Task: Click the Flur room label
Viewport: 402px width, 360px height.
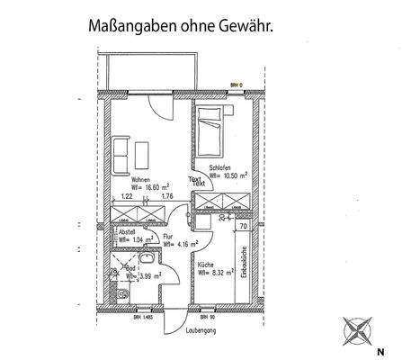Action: [168, 235]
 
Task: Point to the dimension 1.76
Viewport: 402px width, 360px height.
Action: [166, 196]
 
